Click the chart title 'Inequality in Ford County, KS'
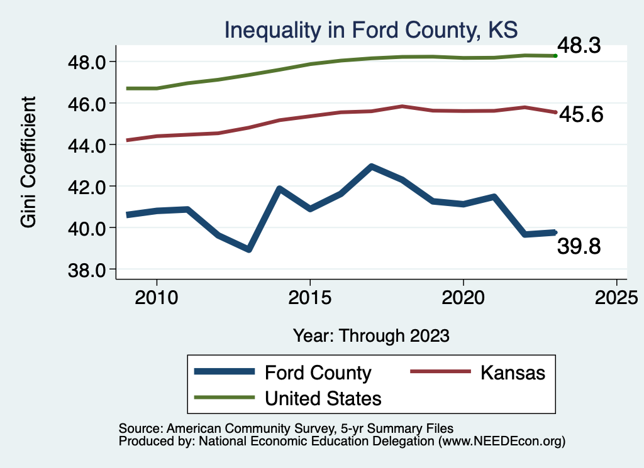pyautogui.click(x=370, y=30)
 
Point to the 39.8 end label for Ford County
pyautogui.click(x=579, y=247)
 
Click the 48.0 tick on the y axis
pyautogui.click(x=89, y=62)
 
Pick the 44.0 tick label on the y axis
pyautogui.click(x=89, y=144)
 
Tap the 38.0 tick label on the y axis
pyautogui.click(x=89, y=269)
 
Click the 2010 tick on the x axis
pyautogui.click(x=156, y=296)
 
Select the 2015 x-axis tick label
pyautogui.click(x=309, y=296)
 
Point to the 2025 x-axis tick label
pyautogui.click(x=616, y=296)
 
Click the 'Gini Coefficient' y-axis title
pyautogui.click(x=28, y=162)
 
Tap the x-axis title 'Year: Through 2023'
pyautogui.click(x=371, y=335)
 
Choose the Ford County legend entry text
pyautogui.click(x=318, y=373)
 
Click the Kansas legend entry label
pyautogui.click(x=513, y=373)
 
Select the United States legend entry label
pyautogui.click(x=323, y=398)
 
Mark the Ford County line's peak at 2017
pyautogui.click(x=372, y=167)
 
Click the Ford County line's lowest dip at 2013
pyautogui.click(x=249, y=249)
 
